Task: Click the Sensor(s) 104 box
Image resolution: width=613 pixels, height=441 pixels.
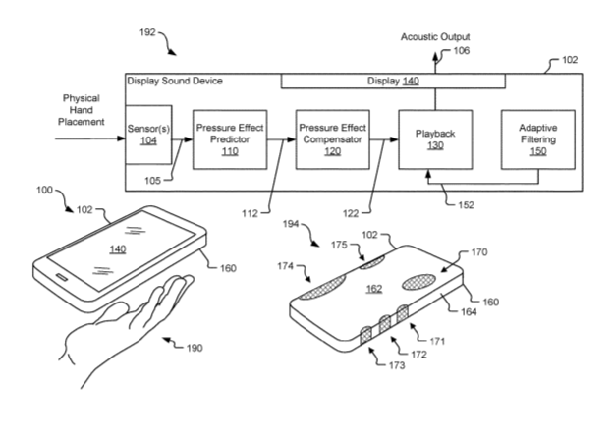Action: coord(148,135)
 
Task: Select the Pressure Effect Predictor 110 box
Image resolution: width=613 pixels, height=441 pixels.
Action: coord(230,139)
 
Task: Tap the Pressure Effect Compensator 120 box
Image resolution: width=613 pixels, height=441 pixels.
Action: coord(333,139)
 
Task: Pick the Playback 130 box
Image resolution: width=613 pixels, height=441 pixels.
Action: coord(435,139)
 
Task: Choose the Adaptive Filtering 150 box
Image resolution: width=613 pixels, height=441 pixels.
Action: coord(538,139)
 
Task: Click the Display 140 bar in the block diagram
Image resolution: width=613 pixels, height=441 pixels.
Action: coord(393,81)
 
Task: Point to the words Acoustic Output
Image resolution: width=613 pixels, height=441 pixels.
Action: coord(435,37)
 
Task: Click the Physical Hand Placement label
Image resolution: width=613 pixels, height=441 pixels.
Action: coord(82,110)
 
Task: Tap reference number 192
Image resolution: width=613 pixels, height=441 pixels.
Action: coord(147,32)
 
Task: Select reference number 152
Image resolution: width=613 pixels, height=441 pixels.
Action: coord(466,205)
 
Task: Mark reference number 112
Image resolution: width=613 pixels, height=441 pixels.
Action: coord(250,213)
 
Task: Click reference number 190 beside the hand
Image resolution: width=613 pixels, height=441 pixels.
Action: coord(195,348)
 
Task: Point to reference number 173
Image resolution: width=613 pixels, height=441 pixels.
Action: coord(397,365)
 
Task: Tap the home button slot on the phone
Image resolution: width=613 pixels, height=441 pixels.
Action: coord(62,277)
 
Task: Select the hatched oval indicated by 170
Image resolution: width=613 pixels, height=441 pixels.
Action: coord(418,282)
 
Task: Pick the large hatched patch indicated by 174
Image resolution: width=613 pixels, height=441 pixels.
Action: coord(323,288)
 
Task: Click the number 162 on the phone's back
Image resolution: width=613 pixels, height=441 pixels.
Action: coord(374,289)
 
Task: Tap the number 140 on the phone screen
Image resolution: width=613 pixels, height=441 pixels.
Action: coord(118,249)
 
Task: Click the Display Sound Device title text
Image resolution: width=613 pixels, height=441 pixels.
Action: coord(175,81)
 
